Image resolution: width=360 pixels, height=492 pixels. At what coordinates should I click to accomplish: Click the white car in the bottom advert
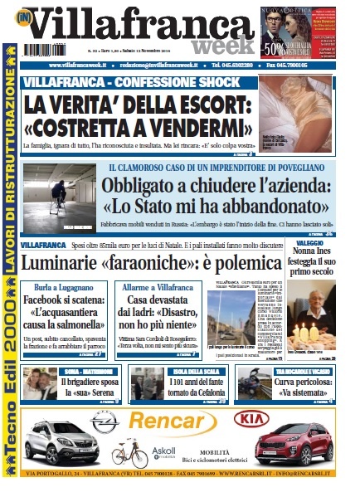[61, 448]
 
